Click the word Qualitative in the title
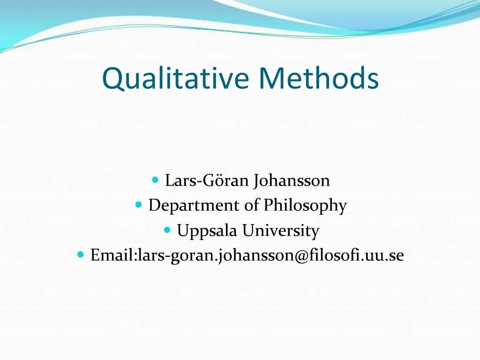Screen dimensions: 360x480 pos(175,78)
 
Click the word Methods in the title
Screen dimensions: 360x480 pos(319,78)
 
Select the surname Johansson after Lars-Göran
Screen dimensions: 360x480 pos(292,180)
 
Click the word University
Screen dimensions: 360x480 pos(281,231)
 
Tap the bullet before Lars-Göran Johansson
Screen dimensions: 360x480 pos(156,180)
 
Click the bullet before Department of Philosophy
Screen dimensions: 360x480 pos(139,205)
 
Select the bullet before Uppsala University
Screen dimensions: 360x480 pos(167,230)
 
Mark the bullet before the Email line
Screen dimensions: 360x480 pos(81,255)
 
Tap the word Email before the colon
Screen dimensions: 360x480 pos(112,256)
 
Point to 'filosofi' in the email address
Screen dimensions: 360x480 pos(333,255)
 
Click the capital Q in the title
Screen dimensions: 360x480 pos(112,79)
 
